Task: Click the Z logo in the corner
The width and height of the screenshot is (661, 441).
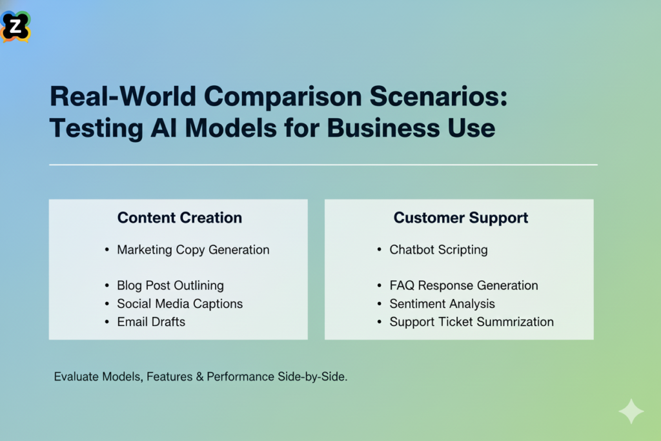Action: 15,26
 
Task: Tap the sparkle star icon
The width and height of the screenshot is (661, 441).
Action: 630,411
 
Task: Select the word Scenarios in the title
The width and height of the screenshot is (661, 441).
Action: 431,97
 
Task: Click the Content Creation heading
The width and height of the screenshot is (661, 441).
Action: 179,218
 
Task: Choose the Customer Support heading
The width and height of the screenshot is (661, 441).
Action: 461,218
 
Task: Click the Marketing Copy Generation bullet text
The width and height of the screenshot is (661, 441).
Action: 193,250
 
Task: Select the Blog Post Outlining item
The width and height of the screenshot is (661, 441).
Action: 170,285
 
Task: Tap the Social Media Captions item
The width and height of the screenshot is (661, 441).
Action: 180,303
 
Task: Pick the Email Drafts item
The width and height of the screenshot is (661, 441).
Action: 151,322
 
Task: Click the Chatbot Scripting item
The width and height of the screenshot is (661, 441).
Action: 438,250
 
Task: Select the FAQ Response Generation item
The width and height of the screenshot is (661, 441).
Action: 463,285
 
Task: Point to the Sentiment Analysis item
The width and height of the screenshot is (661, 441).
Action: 442,303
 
